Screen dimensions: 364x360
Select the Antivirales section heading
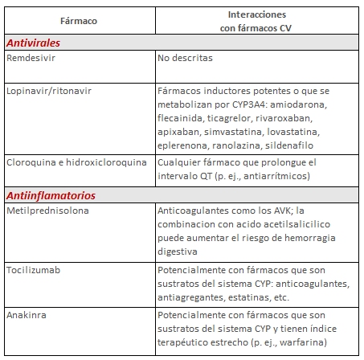point(34,43)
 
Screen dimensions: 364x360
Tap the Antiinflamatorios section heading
point(51,194)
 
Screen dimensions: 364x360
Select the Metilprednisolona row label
point(47,210)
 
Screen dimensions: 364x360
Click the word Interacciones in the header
point(260,14)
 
